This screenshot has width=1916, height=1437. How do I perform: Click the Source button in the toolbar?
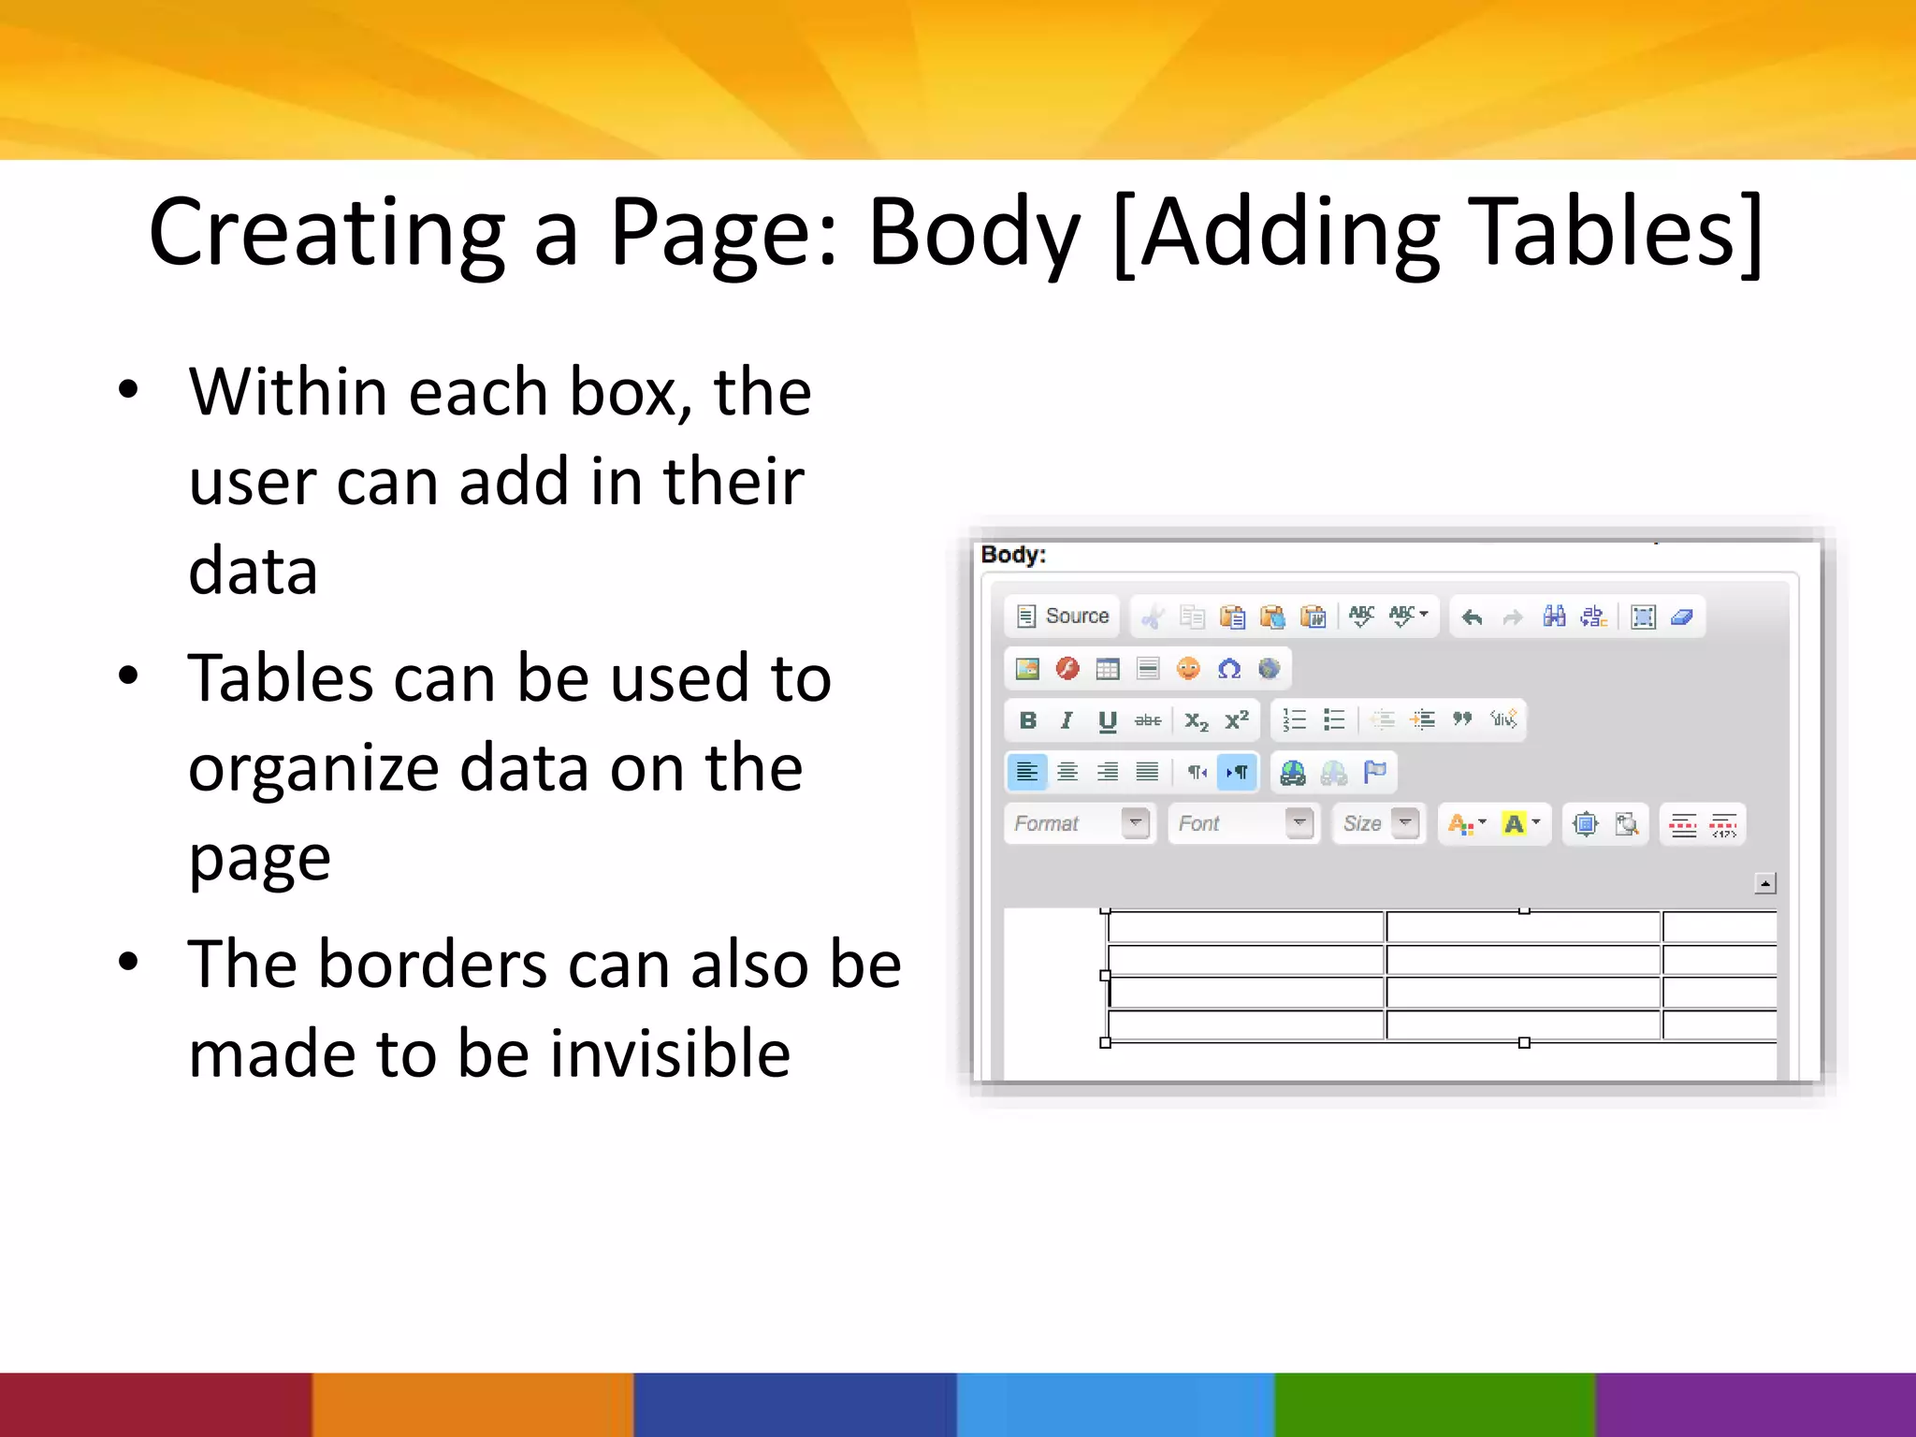pyautogui.click(x=1064, y=617)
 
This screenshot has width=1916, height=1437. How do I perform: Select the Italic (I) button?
pyautogui.click(x=1067, y=720)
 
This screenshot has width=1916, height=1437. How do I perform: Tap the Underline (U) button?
pyautogui.click(x=1108, y=720)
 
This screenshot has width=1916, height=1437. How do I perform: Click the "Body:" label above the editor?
pyautogui.click(x=1013, y=555)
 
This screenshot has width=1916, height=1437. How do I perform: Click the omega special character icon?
pyautogui.click(x=1229, y=669)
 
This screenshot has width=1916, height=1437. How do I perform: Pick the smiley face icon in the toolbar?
pyautogui.click(x=1188, y=669)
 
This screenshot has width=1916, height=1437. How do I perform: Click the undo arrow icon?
pyautogui.click(x=1473, y=617)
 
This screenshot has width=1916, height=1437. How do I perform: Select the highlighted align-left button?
pyautogui.click(x=1026, y=772)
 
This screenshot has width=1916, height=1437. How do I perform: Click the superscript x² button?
pyautogui.click(x=1237, y=720)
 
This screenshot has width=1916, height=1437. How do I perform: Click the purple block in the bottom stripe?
pyautogui.click(x=1755, y=1404)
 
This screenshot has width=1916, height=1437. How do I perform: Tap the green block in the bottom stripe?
pyautogui.click(x=1435, y=1404)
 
